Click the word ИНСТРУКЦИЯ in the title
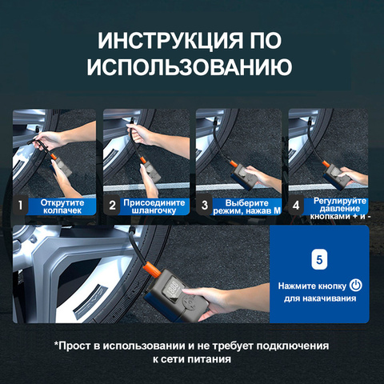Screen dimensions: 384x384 pyautogui.click(x=170, y=41)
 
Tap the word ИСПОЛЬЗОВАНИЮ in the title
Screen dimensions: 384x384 pyautogui.click(x=190, y=66)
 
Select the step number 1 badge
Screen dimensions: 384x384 pyautogui.click(x=20, y=206)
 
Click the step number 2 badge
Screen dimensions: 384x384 pyautogui.click(x=112, y=206)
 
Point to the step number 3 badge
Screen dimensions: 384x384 pyautogui.click(x=205, y=206)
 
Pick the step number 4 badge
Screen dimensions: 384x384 pyautogui.click(x=296, y=206)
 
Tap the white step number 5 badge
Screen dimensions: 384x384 pyautogui.click(x=319, y=259)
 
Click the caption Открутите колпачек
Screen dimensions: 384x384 pyautogui.click(x=62, y=206)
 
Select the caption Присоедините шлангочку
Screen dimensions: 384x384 pyautogui.click(x=154, y=206)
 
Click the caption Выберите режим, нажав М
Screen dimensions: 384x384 pyautogui.click(x=247, y=207)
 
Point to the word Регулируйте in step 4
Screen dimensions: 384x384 pyautogui.click(x=340, y=201)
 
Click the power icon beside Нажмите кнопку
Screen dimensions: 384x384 pyautogui.click(x=356, y=286)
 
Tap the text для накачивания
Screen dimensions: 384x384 pyautogui.click(x=320, y=298)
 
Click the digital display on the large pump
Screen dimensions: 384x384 pyautogui.click(x=174, y=290)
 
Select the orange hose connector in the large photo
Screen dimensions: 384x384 pyautogui.click(x=151, y=270)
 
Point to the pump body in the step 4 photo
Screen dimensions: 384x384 pyautogui.click(x=334, y=176)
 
